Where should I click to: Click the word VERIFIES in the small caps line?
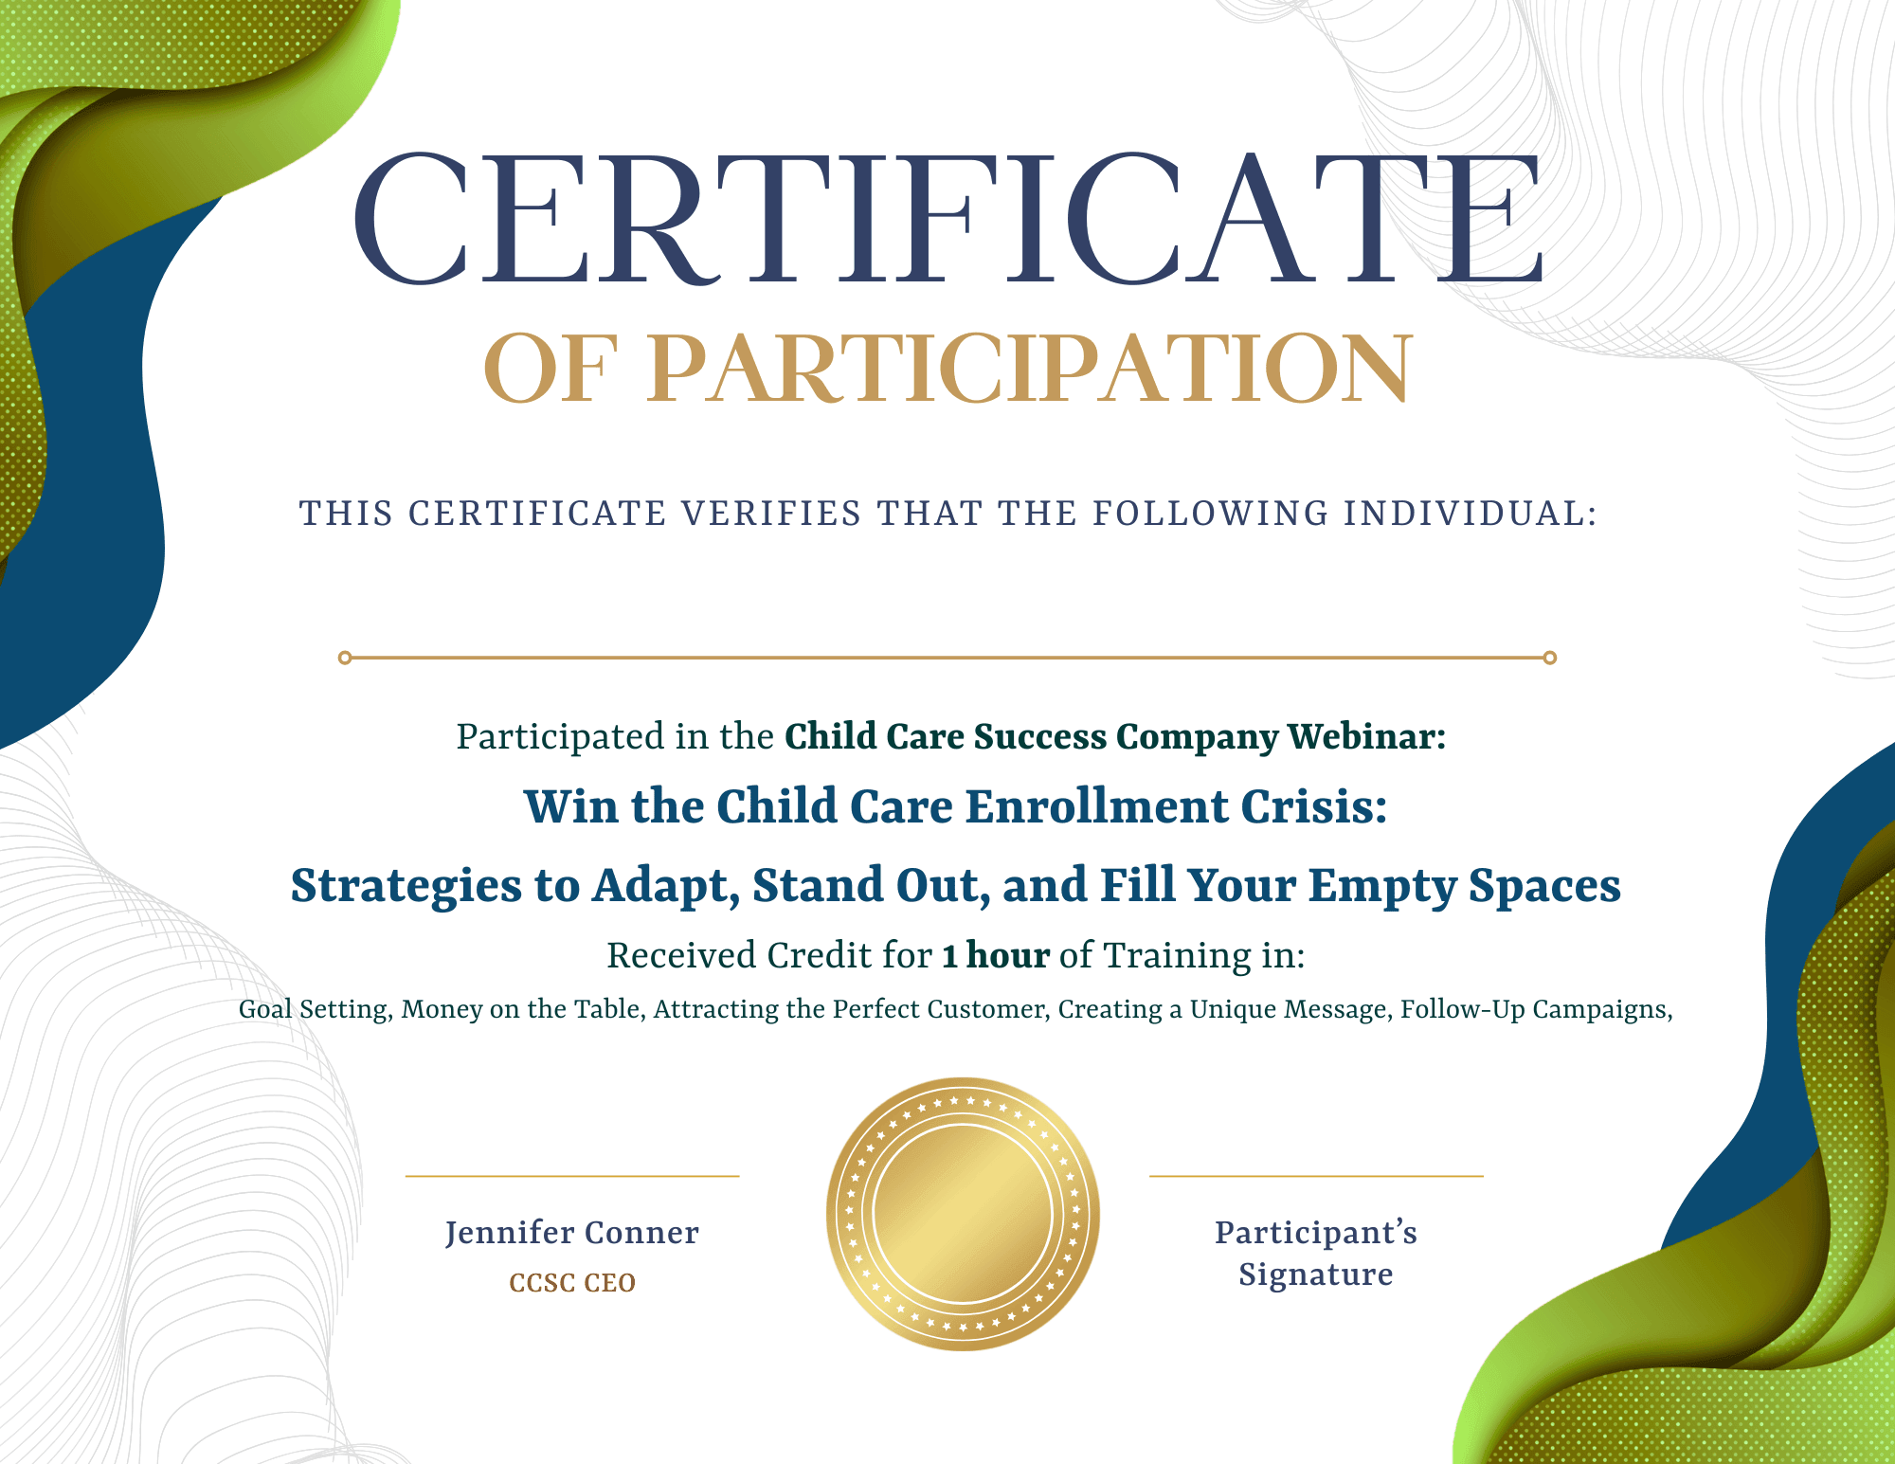tap(771, 514)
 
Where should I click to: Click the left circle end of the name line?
tap(345, 658)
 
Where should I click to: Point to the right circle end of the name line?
tap(1550, 658)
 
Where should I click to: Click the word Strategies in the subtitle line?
tap(406, 887)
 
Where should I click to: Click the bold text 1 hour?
tap(996, 955)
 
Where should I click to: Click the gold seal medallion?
tap(963, 1214)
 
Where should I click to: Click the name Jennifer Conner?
tap(572, 1232)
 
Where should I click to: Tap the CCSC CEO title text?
tap(572, 1283)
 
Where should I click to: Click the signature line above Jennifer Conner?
tap(572, 1176)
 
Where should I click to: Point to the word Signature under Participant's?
tap(1316, 1275)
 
